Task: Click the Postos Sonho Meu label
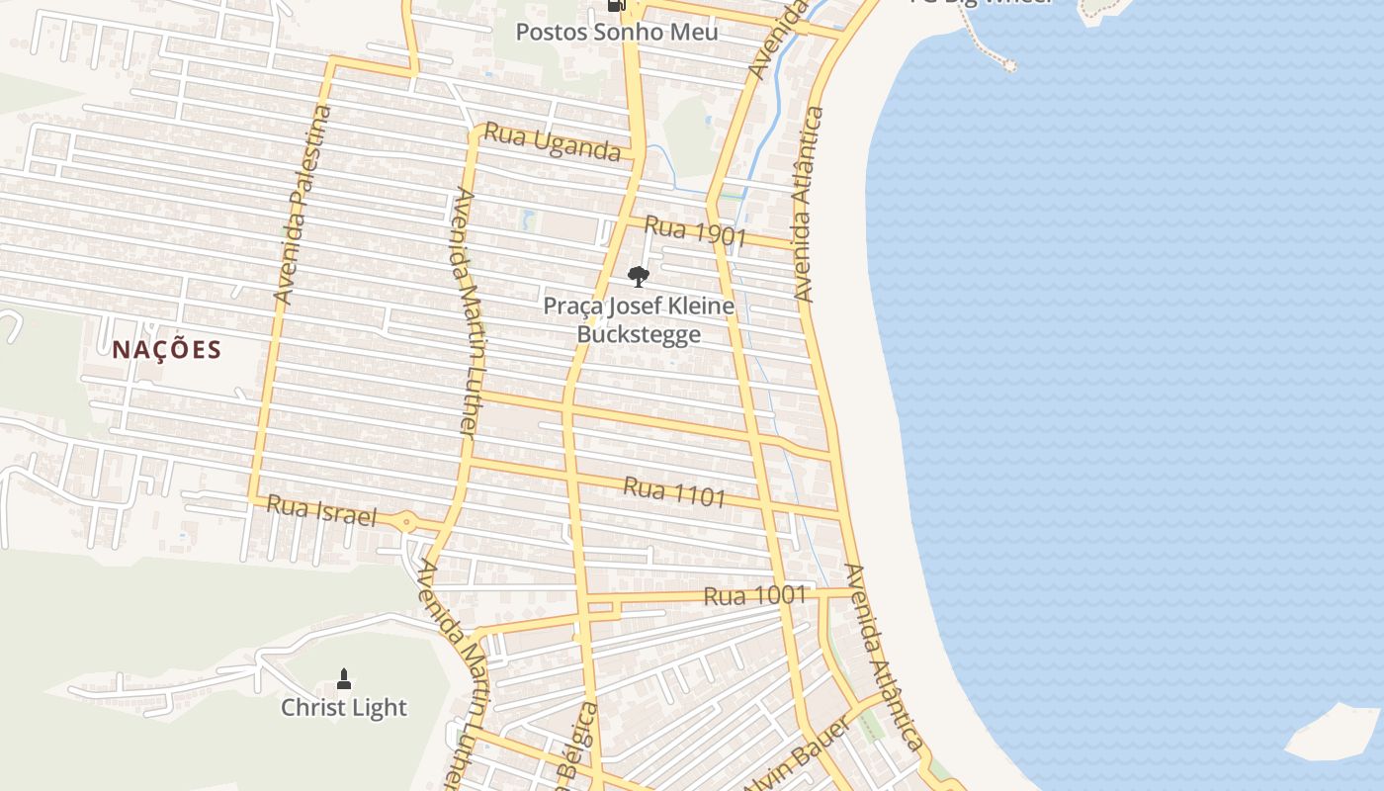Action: tap(617, 32)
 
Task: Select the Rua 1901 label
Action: tap(695, 232)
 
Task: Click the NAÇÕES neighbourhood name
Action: tap(166, 350)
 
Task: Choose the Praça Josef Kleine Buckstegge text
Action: tap(639, 319)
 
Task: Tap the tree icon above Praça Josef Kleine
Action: tap(639, 277)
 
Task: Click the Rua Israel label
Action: tap(321, 511)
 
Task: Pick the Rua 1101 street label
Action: tap(674, 491)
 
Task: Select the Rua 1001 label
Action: tap(754, 596)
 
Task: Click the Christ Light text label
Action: tap(343, 708)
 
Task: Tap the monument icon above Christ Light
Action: tap(344, 678)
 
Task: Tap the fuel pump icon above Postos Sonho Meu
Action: tap(617, 5)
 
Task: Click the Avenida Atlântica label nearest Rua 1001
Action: tap(883, 658)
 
